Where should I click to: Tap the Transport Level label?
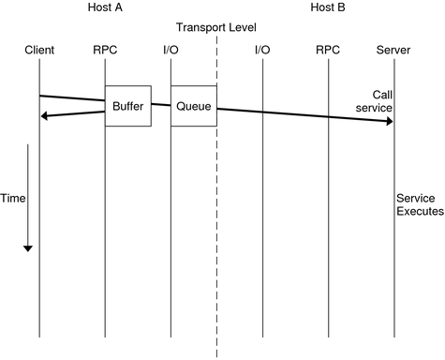pyautogui.click(x=216, y=27)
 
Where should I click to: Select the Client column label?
pyautogui.click(x=39, y=49)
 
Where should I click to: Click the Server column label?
pyautogui.click(x=393, y=49)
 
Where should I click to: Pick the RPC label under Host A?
pyautogui.click(x=105, y=49)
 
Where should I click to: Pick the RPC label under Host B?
pyautogui.click(x=328, y=49)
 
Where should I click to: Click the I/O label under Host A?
pyautogui.click(x=171, y=49)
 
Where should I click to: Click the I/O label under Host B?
pyautogui.click(x=262, y=49)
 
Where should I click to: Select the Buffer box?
pyautogui.click(x=127, y=106)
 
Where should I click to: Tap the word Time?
pyautogui.click(x=12, y=199)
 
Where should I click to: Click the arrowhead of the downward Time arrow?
pyautogui.click(x=28, y=247)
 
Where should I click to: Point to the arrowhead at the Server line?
pyautogui.click(x=388, y=122)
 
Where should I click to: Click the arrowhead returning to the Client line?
pyautogui.click(x=45, y=116)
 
